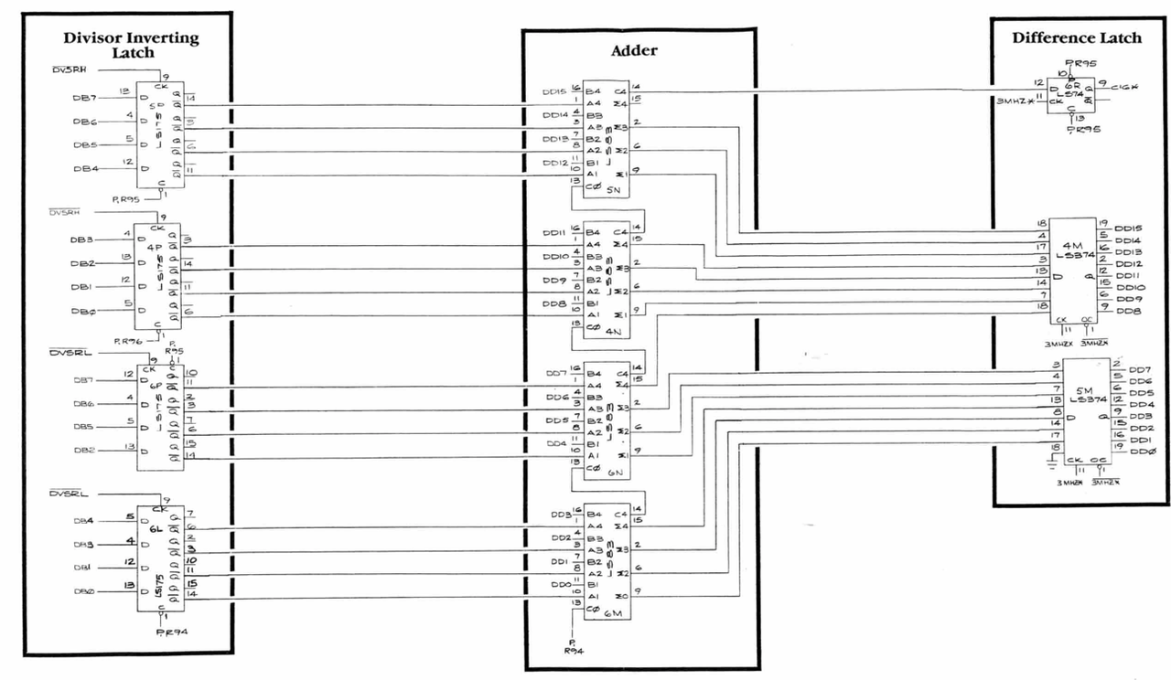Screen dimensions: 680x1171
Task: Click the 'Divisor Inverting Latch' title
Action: pyautogui.click(x=131, y=45)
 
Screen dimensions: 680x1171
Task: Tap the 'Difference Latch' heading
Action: pyautogui.click(x=1076, y=38)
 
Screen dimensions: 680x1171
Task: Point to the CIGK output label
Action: pyautogui.click(x=1123, y=87)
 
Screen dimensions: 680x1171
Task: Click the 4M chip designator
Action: pyautogui.click(x=1073, y=246)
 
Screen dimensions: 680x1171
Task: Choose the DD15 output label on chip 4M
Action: pyautogui.click(x=1131, y=228)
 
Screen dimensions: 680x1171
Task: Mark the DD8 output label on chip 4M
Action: pyautogui.click(x=1131, y=312)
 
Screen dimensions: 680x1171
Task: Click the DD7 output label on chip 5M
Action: pyautogui.click(x=1141, y=369)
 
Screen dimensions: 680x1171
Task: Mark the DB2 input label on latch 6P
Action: pyautogui.click(x=84, y=450)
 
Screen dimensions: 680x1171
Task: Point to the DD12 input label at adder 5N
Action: pyautogui.click(x=554, y=164)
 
